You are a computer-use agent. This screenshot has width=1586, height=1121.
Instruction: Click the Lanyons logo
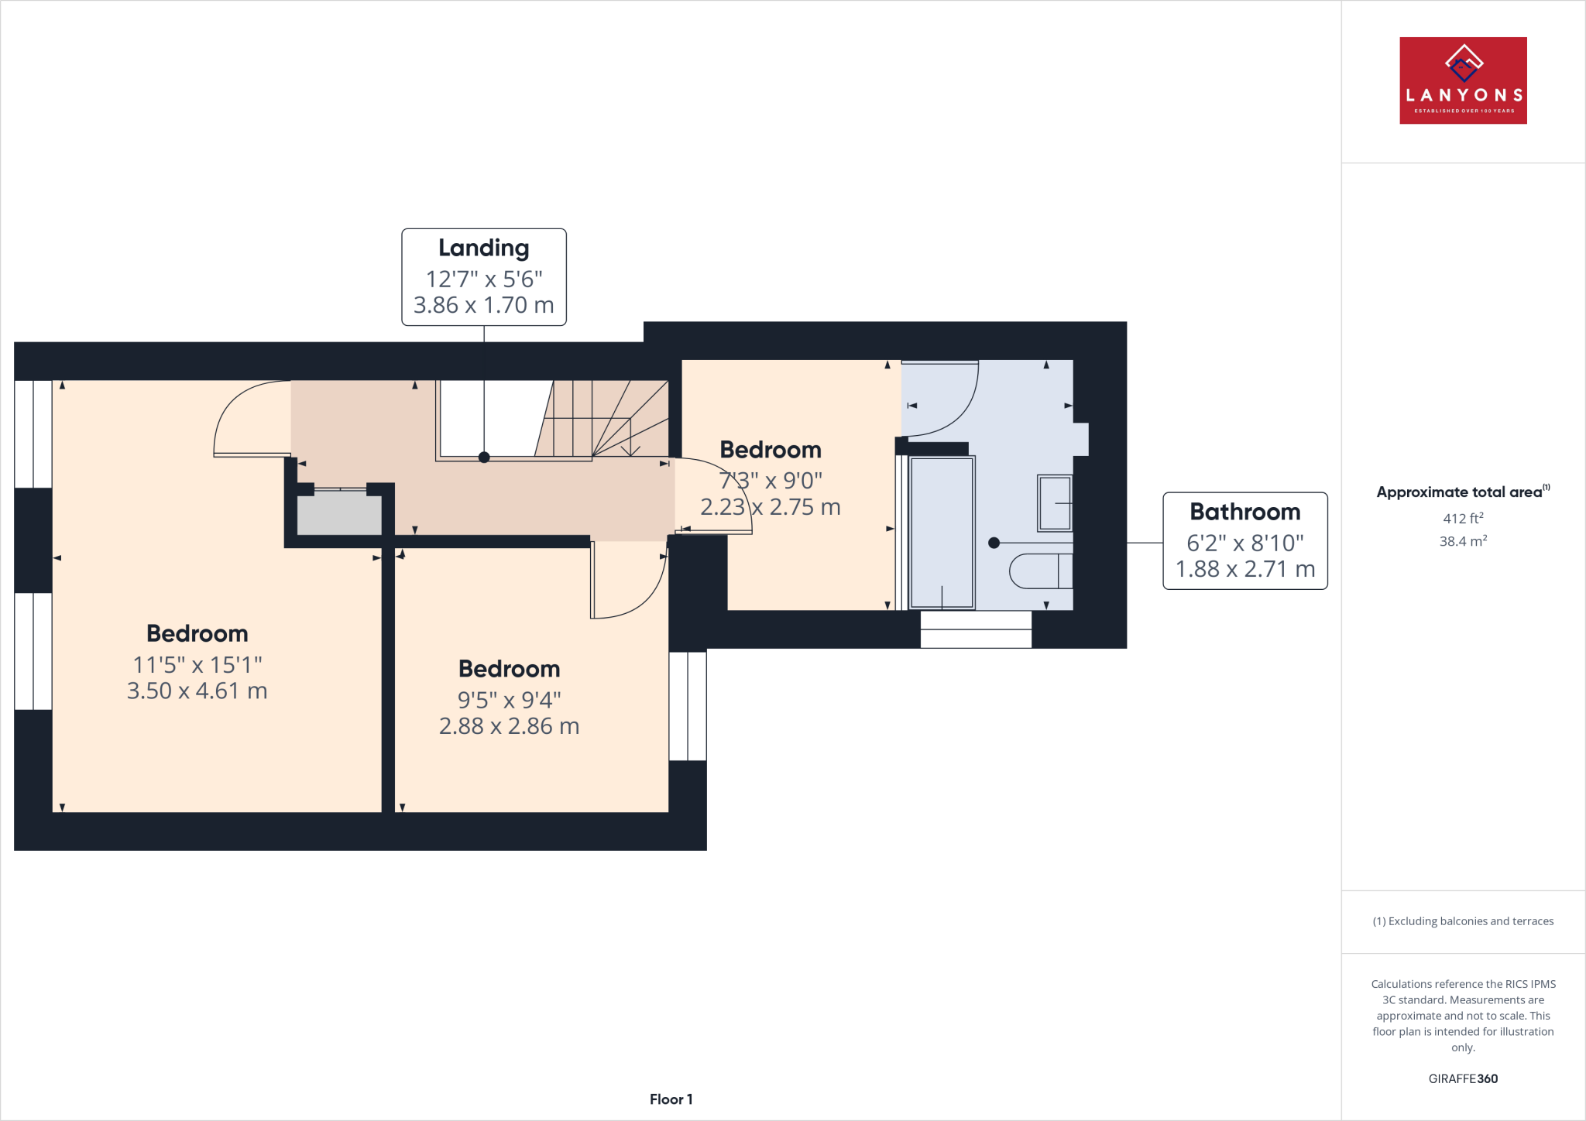click(x=1463, y=81)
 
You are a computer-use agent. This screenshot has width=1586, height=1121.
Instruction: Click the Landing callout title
click(x=484, y=248)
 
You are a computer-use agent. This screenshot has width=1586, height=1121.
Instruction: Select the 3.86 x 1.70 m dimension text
click(x=484, y=305)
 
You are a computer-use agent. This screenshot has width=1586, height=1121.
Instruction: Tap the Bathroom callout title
click(x=1244, y=512)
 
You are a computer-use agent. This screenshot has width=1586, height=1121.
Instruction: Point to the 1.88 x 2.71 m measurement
click(x=1244, y=569)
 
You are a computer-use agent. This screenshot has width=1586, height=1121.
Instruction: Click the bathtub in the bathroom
click(x=942, y=533)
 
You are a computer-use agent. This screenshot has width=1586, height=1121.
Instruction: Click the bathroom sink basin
click(x=1055, y=503)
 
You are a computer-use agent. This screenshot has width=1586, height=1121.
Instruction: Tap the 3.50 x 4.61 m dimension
click(x=197, y=691)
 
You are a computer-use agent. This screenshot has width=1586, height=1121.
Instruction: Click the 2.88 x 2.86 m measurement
click(x=509, y=726)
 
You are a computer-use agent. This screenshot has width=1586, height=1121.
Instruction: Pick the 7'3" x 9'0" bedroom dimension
click(x=771, y=481)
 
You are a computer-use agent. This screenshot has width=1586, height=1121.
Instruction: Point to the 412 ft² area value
click(x=1462, y=519)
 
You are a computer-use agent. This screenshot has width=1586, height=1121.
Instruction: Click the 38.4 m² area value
click(x=1462, y=541)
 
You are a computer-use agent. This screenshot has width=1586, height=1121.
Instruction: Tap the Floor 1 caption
click(x=671, y=1099)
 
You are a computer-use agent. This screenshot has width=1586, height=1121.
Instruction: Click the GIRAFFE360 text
click(x=1463, y=1078)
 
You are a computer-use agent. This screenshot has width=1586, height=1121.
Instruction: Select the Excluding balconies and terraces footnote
click(x=1463, y=921)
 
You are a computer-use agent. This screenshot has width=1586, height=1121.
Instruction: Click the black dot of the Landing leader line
click(x=484, y=458)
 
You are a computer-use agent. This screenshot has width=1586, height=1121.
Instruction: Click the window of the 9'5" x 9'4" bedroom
click(x=688, y=706)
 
